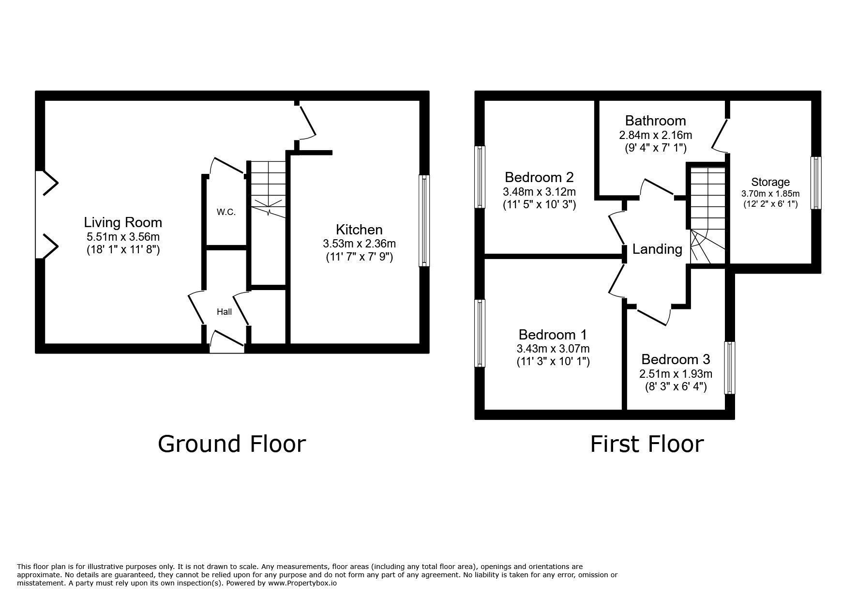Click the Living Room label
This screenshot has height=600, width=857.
pyautogui.click(x=123, y=222)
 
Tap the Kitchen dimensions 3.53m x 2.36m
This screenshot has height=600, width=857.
pyautogui.click(x=359, y=244)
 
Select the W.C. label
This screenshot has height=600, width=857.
pyautogui.click(x=226, y=212)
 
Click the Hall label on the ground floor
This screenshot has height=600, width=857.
pyautogui.click(x=224, y=312)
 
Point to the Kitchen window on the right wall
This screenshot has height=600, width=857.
pyautogui.click(x=424, y=220)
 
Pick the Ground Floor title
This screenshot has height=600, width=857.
pyautogui.click(x=232, y=444)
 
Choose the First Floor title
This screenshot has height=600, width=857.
pyautogui.click(x=647, y=444)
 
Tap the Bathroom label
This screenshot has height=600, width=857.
pyautogui.click(x=655, y=120)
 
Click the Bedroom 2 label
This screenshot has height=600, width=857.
pyautogui.click(x=539, y=177)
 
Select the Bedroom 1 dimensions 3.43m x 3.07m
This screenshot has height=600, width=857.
pyautogui.click(x=553, y=349)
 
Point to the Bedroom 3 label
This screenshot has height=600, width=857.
pyautogui.click(x=676, y=359)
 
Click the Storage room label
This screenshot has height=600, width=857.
pyautogui.click(x=770, y=182)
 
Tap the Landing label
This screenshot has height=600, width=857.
pyautogui.click(x=657, y=249)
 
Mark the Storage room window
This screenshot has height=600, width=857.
pyautogui.click(x=816, y=183)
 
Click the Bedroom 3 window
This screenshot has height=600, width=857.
pyautogui.click(x=729, y=368)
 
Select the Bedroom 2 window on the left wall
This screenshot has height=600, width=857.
pyautogui.click(x=480, y=176)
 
